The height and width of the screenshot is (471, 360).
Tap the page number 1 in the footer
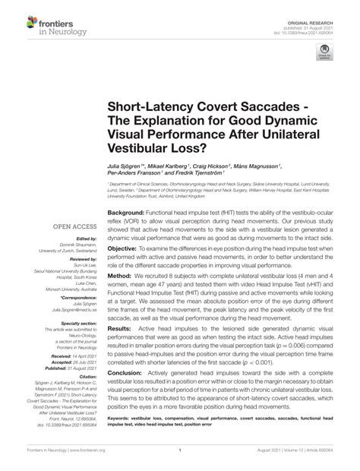tap(180, 461)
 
